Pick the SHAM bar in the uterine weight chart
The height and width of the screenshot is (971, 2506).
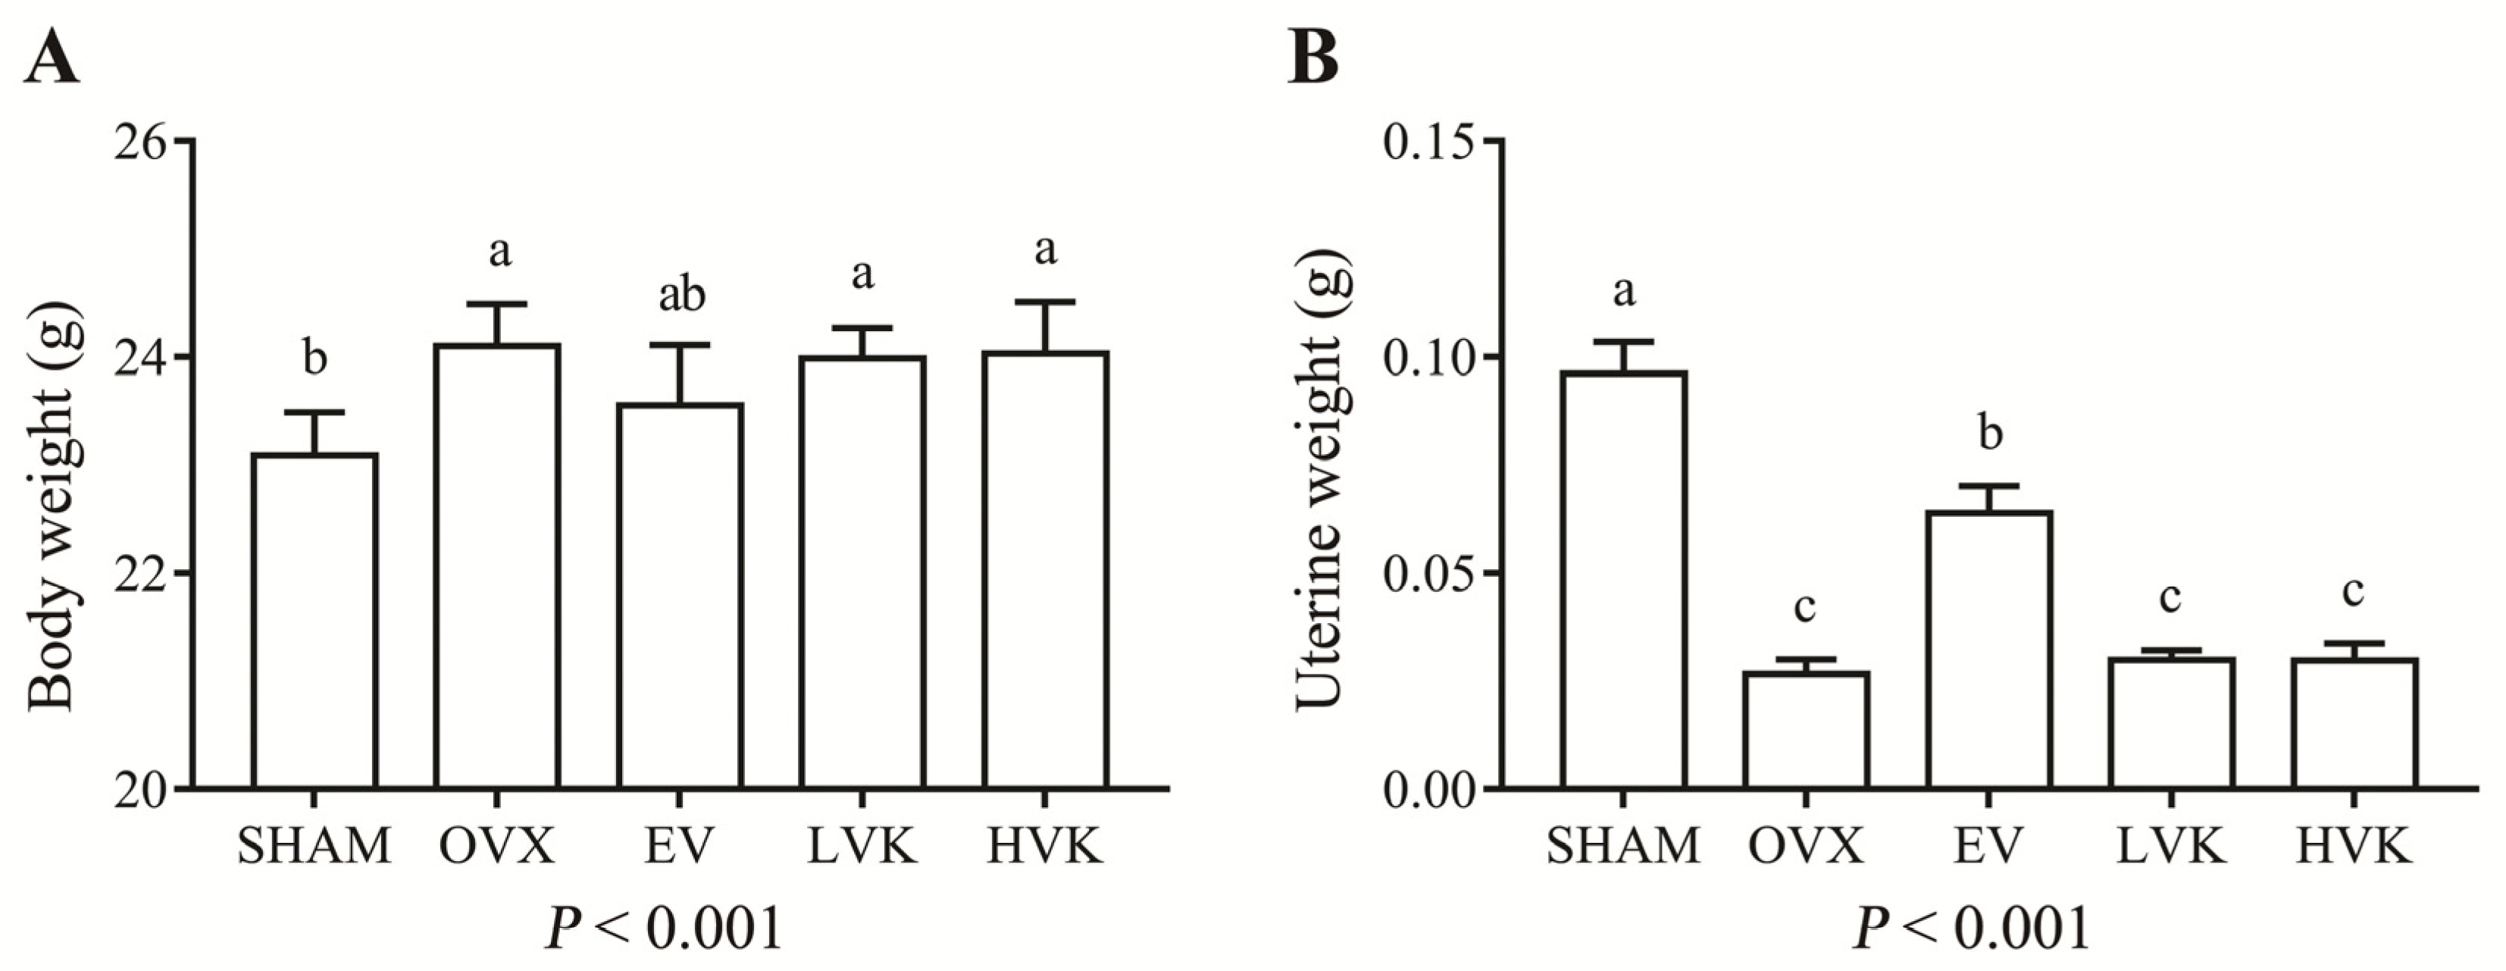coord(1624,579)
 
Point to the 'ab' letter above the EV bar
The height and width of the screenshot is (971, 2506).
coord(681,295)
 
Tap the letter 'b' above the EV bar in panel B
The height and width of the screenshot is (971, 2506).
coord(1991,433)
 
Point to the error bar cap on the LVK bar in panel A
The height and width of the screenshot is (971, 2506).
coord(862,328)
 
